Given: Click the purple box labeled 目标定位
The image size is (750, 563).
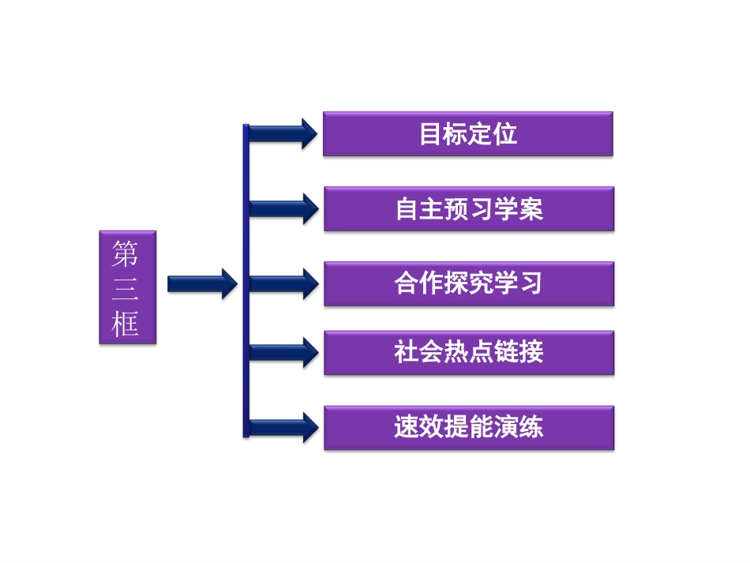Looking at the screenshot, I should click(x=468, y=133).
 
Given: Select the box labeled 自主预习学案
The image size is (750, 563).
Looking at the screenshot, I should click(x=468, y=208).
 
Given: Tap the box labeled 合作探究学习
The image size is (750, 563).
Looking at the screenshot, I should click(x=468, y=283).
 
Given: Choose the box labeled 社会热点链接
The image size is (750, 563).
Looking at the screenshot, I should click(x=468, y=353).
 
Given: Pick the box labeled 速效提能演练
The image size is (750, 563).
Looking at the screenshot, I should click(x=468, y=428).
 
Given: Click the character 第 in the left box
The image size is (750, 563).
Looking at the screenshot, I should click(x=126, y=254).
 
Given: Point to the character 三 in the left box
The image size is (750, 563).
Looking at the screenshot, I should click(x=126, y=288).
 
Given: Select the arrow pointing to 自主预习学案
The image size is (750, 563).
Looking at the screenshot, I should click(x=284, y=208).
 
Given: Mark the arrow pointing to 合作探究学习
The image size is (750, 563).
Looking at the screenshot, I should click(x=284, y=283).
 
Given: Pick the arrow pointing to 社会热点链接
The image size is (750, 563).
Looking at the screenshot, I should click(x=284, y=352).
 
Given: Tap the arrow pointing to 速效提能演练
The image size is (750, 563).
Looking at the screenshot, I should click(x=284, y=427).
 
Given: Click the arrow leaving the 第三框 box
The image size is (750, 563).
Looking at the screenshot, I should click(x=202, y=283).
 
